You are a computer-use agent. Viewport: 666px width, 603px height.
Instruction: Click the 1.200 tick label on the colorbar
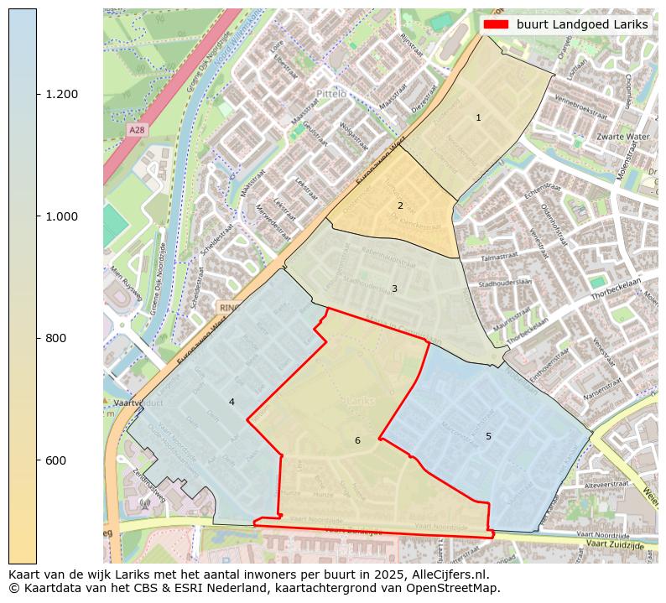point(61,94)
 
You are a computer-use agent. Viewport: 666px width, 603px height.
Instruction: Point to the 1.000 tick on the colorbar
point(61,216)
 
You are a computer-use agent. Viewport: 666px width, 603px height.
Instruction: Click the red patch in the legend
point(496,24)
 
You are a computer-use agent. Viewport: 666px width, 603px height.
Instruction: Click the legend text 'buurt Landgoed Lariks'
point(582,24)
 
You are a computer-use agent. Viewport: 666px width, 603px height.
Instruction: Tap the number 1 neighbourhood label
point(478,117)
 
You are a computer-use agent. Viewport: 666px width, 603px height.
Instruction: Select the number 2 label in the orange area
point(400,205)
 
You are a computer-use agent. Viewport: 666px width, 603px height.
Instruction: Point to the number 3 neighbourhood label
point(394,289)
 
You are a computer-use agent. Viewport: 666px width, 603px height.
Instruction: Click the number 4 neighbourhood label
point(232,402)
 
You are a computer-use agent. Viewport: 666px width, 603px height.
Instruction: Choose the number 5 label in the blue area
point(488,436)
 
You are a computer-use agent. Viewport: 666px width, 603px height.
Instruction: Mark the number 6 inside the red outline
point(357,440)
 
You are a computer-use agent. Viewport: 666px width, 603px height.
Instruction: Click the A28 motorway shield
point(137,130)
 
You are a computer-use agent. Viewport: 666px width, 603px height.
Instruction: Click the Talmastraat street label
point(502,258)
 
